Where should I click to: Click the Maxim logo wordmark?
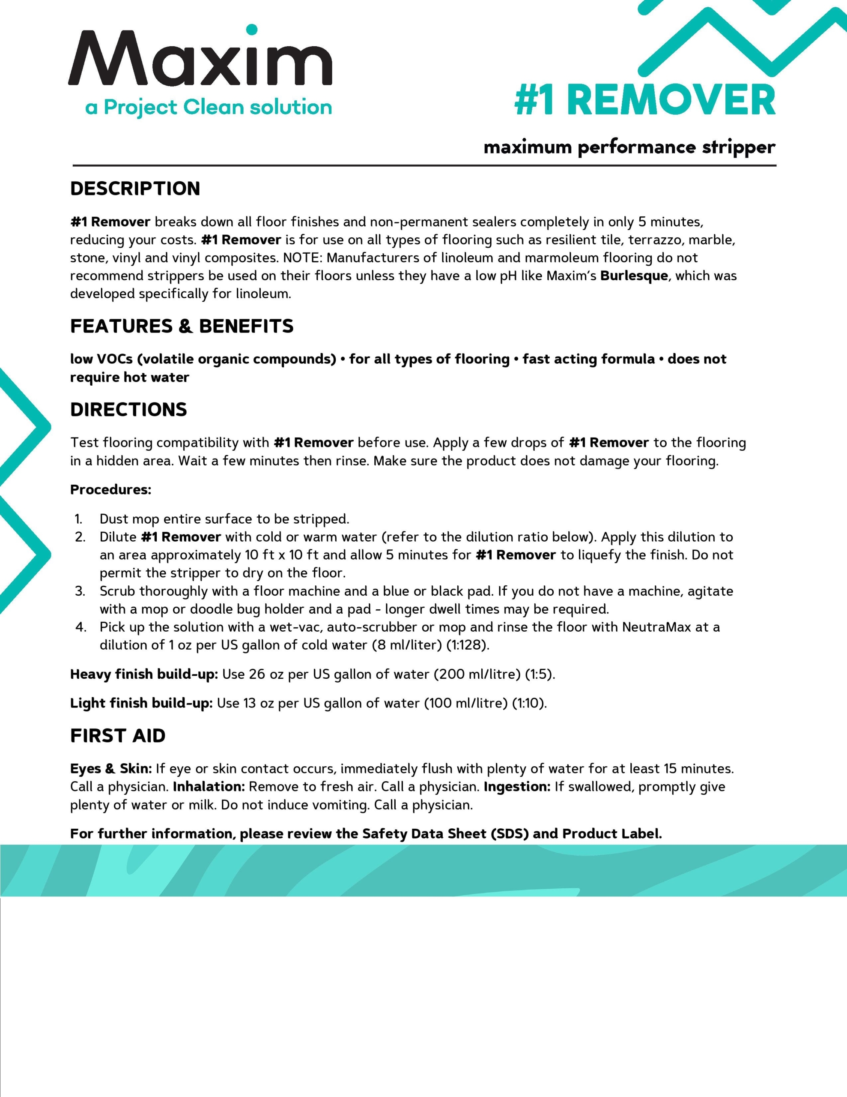pos(200,59)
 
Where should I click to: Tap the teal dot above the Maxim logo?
pos(252,30)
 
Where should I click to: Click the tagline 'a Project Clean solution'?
pos(209,108)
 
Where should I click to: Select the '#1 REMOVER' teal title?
pos(644,100)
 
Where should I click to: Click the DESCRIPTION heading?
pos(135,189)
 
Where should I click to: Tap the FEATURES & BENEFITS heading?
pos(182,327)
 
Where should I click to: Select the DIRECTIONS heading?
pos(128,410)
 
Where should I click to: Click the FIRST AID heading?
pos(118,736)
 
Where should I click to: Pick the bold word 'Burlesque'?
pos(634,276)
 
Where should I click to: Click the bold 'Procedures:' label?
pos(110,490)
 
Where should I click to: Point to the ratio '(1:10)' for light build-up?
pos(529,703)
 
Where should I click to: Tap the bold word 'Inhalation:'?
pos(209,787)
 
